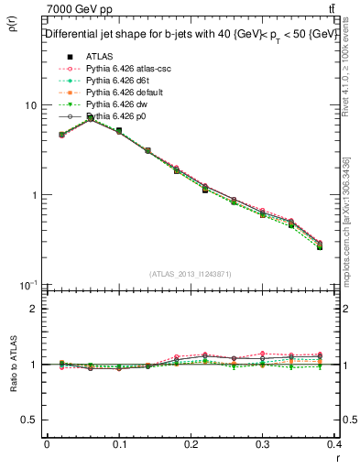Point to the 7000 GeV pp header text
(x=75, y=8)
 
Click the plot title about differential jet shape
(x=191, y=34)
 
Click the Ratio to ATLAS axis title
(x=12, y=364)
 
